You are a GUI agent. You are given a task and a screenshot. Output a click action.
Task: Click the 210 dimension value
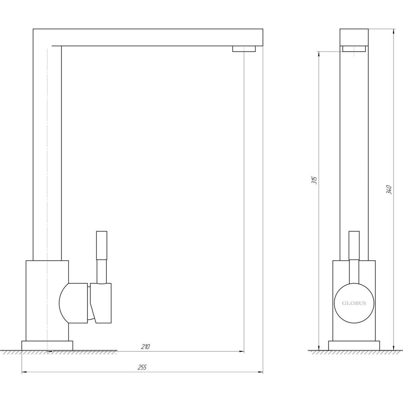(145, 347)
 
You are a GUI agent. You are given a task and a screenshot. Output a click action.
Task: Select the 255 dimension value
(142, 367)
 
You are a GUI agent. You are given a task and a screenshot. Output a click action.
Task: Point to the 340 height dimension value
(389, 189)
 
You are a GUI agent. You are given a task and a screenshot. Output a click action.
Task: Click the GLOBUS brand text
(354, 303)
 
